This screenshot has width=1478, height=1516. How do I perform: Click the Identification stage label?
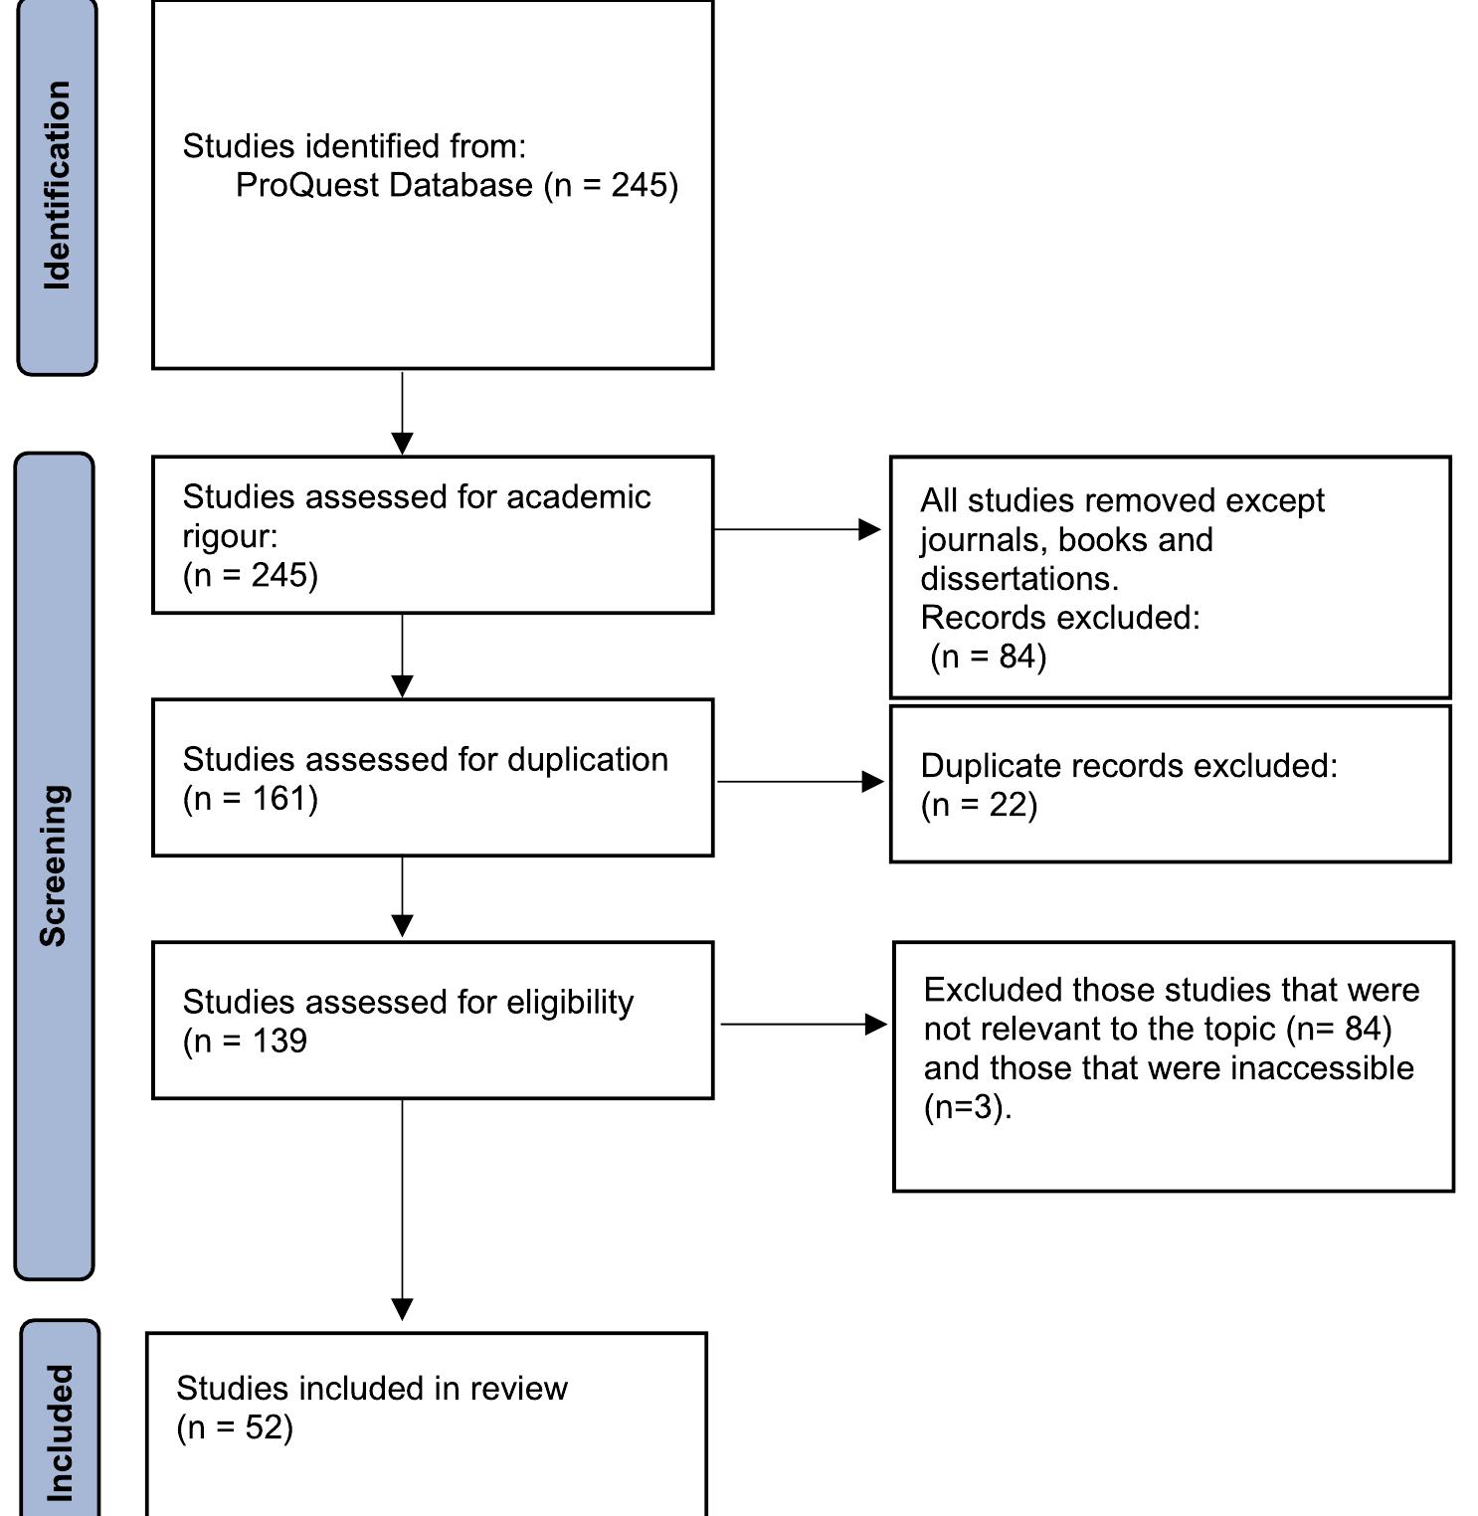coord(58,186)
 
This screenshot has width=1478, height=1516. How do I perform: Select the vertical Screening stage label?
coord(54,864)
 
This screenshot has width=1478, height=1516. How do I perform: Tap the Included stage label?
coord(60,1431)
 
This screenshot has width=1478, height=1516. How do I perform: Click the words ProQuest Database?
coord(384,185)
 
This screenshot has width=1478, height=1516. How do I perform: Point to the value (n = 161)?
coord(250,799)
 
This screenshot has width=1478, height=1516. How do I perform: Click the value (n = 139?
coord(245,1041)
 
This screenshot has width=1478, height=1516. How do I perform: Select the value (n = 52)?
coord(235,1427)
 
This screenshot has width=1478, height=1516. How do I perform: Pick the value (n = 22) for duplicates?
coord(979,805)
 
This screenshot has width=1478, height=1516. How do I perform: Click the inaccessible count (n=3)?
coord(966,1106)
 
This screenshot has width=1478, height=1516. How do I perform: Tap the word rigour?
coord(229,536)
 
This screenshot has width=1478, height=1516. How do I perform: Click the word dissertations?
coord(1018,578)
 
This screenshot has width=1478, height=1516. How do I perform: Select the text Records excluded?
coord(1059,617)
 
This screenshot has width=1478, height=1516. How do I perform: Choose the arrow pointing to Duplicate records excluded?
coord(800,782)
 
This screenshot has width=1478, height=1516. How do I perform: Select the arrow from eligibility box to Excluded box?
coord(803,1024)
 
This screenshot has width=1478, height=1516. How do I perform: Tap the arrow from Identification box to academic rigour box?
coord(402,414)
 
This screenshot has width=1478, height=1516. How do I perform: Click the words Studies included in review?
coord(371,1388)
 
